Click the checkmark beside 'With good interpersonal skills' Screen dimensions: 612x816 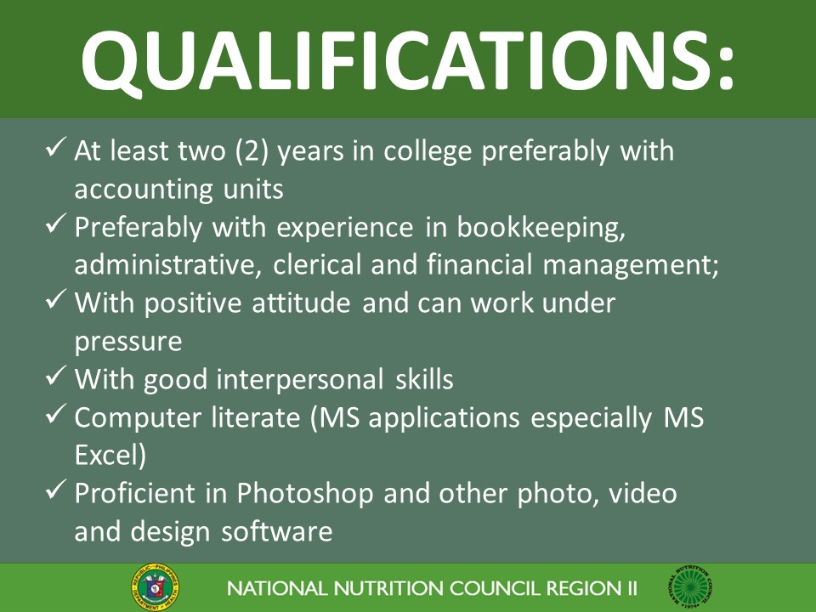pyautogui.click(x=56, y=377)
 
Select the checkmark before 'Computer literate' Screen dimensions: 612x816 pyautogui.click(x=56, y=416)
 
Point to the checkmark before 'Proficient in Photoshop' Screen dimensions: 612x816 pyautogui.click(x=56, y=491)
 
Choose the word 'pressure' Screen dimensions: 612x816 pyautogui.click(x=128, y=343)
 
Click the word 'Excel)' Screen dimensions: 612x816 pyautogui.click(x=110, y=456)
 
